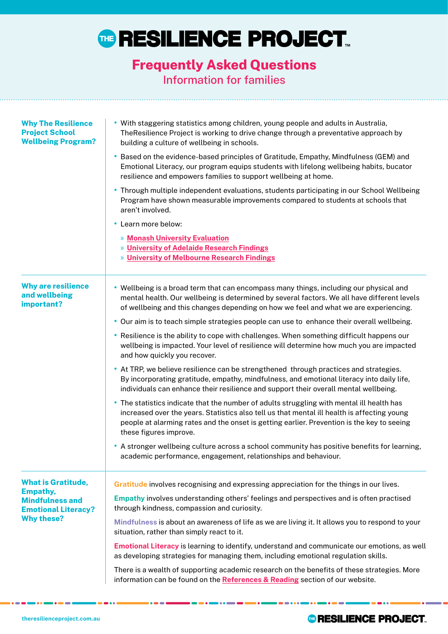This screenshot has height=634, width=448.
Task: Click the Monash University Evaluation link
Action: pos(178,238)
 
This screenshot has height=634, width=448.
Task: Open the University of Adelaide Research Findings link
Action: pos(197,248)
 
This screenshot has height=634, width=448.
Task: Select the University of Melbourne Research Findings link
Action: pos(201,258)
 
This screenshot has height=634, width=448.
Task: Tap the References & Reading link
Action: pos(260,580)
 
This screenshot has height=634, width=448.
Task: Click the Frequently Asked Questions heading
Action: pos(224,65)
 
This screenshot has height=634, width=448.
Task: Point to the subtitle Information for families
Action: pos(224,80)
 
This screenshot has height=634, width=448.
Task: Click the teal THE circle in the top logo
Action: pos(107,39)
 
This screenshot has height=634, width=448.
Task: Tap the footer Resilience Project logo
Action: pos(367,619)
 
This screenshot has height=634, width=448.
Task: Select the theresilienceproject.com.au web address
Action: pos(61,619)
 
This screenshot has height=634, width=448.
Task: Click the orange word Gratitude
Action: pos(131,485)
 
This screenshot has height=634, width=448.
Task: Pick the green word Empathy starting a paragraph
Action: pos(129,498)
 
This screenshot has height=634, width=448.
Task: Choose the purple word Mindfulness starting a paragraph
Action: pos(135,522)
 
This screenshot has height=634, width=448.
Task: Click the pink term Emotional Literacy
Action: pos(146,546)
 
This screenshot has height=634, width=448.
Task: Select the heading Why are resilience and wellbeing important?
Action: pos(55,295)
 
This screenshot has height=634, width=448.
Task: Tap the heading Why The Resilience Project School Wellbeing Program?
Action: pos(58,133)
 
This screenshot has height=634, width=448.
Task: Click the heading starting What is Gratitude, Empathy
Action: pos(58,500)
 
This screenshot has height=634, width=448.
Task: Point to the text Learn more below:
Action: pos(151,224)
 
